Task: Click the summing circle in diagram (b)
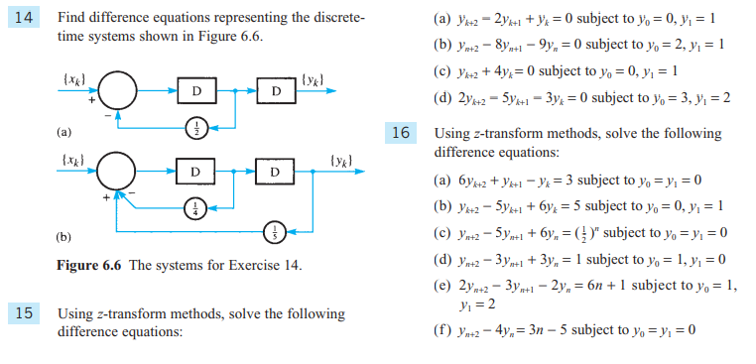(x=122, y=172)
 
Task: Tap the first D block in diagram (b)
(x=197, y=172)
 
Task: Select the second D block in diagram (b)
(x=276, y=172)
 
